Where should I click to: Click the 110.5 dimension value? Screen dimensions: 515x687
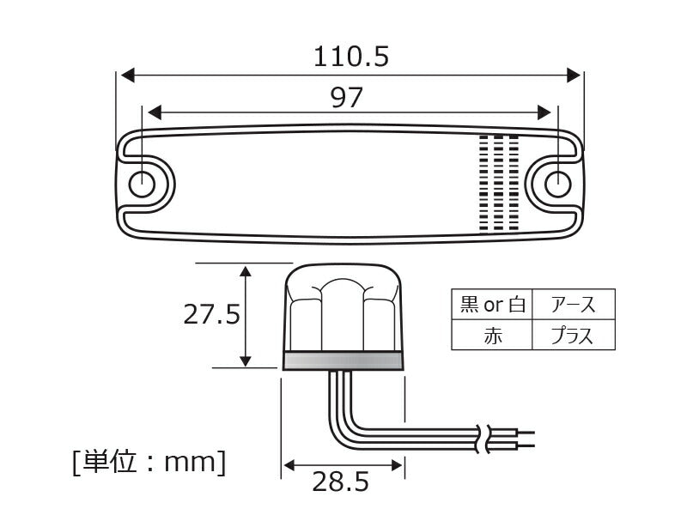pyautogui.click(x=351, y=58)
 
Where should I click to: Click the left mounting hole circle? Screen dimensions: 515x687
pyautogui.click(x=142, y=184)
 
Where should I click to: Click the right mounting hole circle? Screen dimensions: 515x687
pyautogui.click(x=558, y=183)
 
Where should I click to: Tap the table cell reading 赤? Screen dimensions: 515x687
pyautogui.click(x=492, y=336)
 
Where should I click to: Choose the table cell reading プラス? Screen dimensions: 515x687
pyautogui.click(x=573, y=336)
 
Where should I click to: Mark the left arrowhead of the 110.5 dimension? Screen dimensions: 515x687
pyautogui.click(x=126, y=75)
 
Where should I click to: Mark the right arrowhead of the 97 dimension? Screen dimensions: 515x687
pyautogui.click(x=544, y=112)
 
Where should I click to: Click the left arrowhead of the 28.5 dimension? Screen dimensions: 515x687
pyautogui.click(x=289, y=464)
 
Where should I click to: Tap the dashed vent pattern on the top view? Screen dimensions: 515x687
pyautogui.click(x=499, y=184)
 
